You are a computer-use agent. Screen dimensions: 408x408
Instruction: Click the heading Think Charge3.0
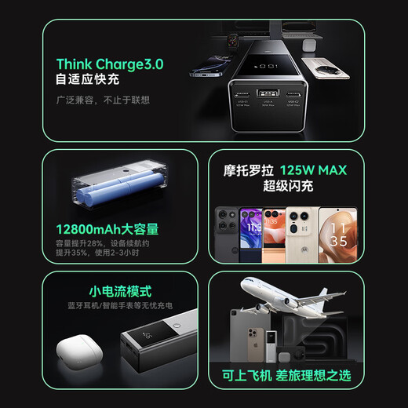110,64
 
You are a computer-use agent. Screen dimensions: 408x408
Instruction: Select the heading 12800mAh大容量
107,229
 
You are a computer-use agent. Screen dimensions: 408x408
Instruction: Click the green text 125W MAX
317,169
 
